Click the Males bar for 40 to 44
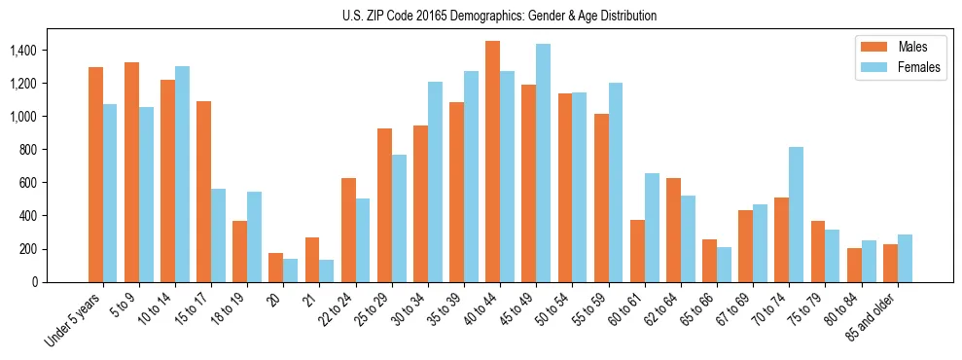click(493, 162)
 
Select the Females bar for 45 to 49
click(544, 162)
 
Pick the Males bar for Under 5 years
click(95, 174)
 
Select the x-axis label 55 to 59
click(589, 309)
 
